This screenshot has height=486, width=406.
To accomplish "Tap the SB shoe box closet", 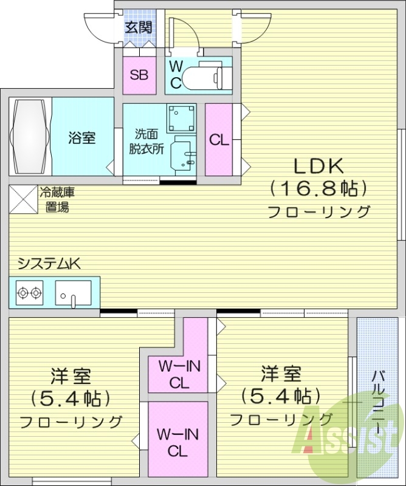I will (x=140, y=75).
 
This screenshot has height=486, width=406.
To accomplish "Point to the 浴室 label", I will (x=81, y=138).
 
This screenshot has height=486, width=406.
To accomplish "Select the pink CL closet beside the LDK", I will (x=219, y=140).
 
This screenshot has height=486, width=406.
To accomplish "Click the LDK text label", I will (x=319, y=165).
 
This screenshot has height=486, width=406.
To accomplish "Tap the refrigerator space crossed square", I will (x=23, y=199).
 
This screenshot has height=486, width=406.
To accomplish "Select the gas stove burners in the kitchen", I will (x=30, y=293).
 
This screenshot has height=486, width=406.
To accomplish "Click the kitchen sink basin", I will (x=73, y=293).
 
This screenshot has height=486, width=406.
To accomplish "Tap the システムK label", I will (x=49, y=264).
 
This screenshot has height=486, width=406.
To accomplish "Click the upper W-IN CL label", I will (x=179, y=375).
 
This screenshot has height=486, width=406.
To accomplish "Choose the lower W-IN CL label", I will (x=177, y=443).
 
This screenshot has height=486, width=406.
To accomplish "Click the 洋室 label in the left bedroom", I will (x=71, y=377).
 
